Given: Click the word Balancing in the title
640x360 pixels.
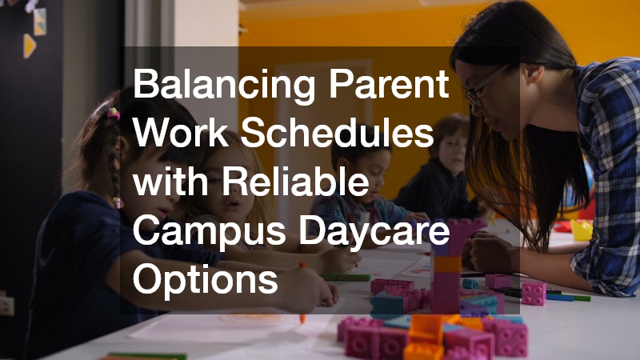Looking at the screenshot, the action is click(x=225, y=85).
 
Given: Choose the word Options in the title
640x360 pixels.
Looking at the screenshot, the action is click(x=206, y=282).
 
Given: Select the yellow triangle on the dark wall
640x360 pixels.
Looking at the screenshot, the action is click(x=30, y=46).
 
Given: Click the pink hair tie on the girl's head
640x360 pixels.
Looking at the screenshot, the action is click(x=113, y=113).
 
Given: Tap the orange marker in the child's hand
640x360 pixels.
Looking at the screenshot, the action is click(x=302, y=292).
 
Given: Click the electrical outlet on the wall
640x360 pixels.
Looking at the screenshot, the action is click(x=6, y=306).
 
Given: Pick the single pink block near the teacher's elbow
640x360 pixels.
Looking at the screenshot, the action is click(x=534, y=294).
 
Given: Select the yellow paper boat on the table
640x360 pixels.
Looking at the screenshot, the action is click(x=582, y=230).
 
